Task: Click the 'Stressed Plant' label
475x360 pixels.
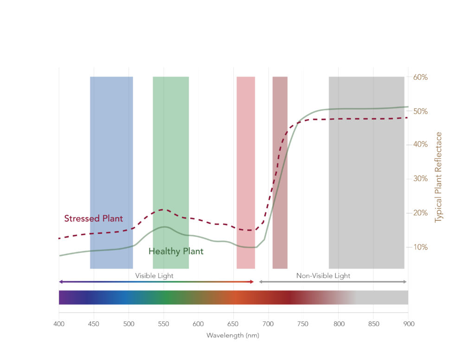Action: pyautogui.click(x=93, y=219)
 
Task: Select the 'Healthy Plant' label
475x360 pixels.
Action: pyautogui.click(x=176, y=251)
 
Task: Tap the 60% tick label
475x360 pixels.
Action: pyautogui.click(x=420, y=77)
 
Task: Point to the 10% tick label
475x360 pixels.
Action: pyautogui.click(x=420, y=247)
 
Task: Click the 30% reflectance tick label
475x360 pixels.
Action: pyautogui.click(x=420, y=179)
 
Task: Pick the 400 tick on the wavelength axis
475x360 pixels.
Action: pyautogui.click(x=59, y=323)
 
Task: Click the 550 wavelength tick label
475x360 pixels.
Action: pyautogui.click(x=163, y=323)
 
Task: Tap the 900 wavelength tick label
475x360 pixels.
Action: pyautogui.click(x=408, y=323)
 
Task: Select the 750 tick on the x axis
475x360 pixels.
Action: pyautogui.click(x=303, y=323)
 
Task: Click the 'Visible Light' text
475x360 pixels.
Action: pyautogui.click(x=154, y=276)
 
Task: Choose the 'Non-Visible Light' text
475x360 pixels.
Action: pyautogui.click(x=323, y=276)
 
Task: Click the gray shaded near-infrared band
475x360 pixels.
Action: pyautogui.click(x=366, y=186)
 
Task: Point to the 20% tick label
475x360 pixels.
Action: pyautogui.click(x=420, y=213)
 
